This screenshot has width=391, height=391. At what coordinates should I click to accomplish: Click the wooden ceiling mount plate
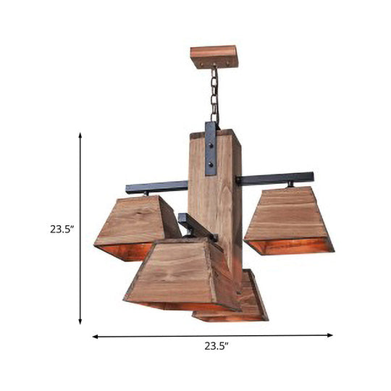[214, 55]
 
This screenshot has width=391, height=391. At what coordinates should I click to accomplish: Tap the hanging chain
[214, 94]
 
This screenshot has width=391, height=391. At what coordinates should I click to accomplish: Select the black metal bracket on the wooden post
[211, 148]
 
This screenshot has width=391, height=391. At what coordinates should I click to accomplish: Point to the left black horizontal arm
[156, 187]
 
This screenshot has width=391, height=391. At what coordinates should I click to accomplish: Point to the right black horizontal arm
[278, 178]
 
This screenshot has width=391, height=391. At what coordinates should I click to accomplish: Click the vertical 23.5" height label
[62, 229]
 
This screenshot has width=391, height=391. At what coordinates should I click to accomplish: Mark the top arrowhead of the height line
[80, 135]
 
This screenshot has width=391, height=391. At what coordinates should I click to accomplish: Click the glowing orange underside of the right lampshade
[290, 246]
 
